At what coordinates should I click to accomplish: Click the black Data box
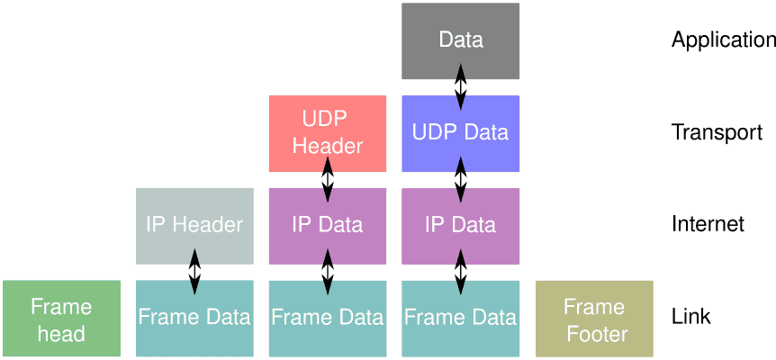tap(460, 40)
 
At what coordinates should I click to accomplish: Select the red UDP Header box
tap(327, 133)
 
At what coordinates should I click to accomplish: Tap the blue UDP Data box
tap(460, 133)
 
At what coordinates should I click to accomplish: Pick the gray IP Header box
tap(194, 225)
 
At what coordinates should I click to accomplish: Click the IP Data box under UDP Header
tap(327, 225)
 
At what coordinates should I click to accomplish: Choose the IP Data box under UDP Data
tap(460, 225)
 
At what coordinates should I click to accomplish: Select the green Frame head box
tap(61, 319)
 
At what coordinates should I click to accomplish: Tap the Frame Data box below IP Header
tap(194, 318)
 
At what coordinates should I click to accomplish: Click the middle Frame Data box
tap(327, 318)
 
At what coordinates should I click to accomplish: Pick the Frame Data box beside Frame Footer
tap(460, 318)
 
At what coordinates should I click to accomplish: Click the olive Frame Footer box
tap(594, 319)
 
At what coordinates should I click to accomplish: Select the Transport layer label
tap(717, 133)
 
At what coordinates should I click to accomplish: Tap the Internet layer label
tap(708, 225)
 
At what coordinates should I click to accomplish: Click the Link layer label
tap(690, 318)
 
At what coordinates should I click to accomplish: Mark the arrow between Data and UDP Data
tap(460, 88)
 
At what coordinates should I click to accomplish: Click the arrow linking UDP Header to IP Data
tap(327, 180)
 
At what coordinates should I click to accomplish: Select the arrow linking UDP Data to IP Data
tap(460, 180)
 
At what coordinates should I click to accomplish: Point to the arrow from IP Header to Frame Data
tap(194, 272)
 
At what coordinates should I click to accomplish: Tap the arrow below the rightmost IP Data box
tap(460, 272)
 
